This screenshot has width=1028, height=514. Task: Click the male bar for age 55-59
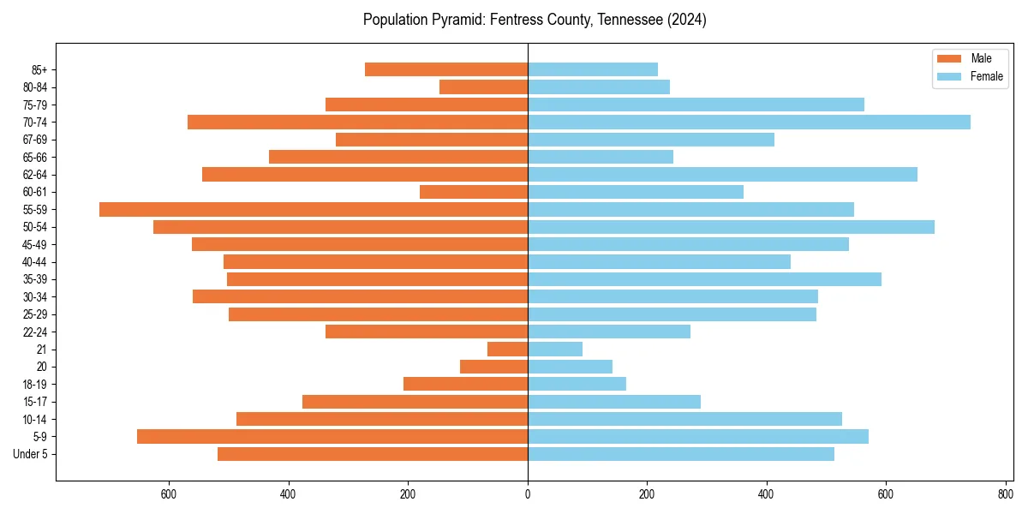pos(314,209)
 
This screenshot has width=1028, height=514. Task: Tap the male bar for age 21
pos(507,349)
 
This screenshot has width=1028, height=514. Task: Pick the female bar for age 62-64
pos(722,174)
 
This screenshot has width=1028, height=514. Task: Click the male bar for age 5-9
pos(332,436)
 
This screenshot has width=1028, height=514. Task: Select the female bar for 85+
pos(593,69)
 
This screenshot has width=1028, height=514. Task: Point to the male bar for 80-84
pos(483,87)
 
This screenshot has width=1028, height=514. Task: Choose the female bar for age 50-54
pos(731,227)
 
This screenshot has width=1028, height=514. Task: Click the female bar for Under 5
pos(681,454)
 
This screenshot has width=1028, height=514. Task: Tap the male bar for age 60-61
pos(474,192)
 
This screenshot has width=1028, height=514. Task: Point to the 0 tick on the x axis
pos(528,494)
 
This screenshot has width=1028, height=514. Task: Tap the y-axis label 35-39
pos(34,279)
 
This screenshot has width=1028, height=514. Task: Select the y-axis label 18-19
pos(34,384)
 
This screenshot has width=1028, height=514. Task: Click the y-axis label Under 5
pos(31,454)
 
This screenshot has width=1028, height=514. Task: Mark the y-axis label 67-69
pos(34,140)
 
